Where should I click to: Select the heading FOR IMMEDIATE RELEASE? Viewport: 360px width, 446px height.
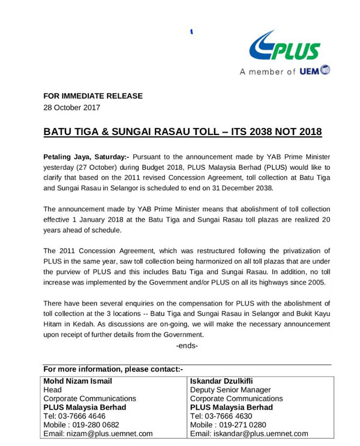click(x=93, y=96)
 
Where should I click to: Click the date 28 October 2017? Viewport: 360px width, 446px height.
click(x=72, y=108)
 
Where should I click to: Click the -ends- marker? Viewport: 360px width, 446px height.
click(x=187, y=346)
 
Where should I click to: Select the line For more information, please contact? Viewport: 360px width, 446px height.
click(x=113, y=369)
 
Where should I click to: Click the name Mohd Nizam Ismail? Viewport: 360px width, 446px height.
click(x=78, y=381)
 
